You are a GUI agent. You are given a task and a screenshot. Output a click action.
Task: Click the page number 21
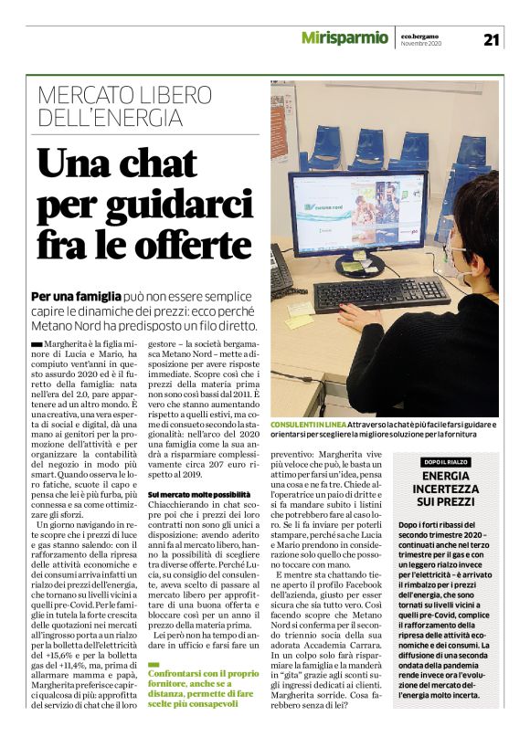(x=491, y=38)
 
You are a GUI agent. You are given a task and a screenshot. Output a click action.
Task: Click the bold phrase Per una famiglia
(x=76, y=297)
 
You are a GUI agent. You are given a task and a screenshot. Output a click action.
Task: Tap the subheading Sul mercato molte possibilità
(x=199, y=494)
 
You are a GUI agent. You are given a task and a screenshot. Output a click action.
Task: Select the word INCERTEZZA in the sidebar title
(x=446, y=490)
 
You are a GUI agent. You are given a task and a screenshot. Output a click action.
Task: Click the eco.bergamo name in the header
(x=423, y=35)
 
